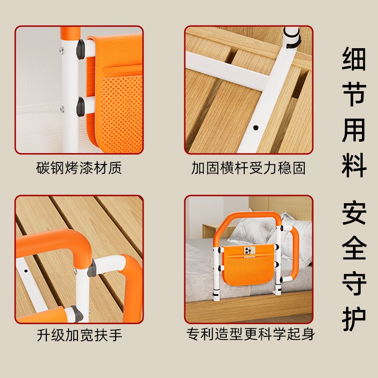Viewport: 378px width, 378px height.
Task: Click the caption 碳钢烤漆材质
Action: pos(79,168)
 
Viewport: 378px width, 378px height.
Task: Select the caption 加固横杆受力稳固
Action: pos(248,168)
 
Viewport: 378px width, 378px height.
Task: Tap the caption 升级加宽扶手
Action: pos(79,335)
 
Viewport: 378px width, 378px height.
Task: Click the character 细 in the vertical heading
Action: pos(354,60)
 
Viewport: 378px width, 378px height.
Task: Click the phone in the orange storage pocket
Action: pos(249,251)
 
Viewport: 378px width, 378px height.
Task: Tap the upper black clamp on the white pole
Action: pos(80,47)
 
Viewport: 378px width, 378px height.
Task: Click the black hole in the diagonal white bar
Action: pos(256,128)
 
